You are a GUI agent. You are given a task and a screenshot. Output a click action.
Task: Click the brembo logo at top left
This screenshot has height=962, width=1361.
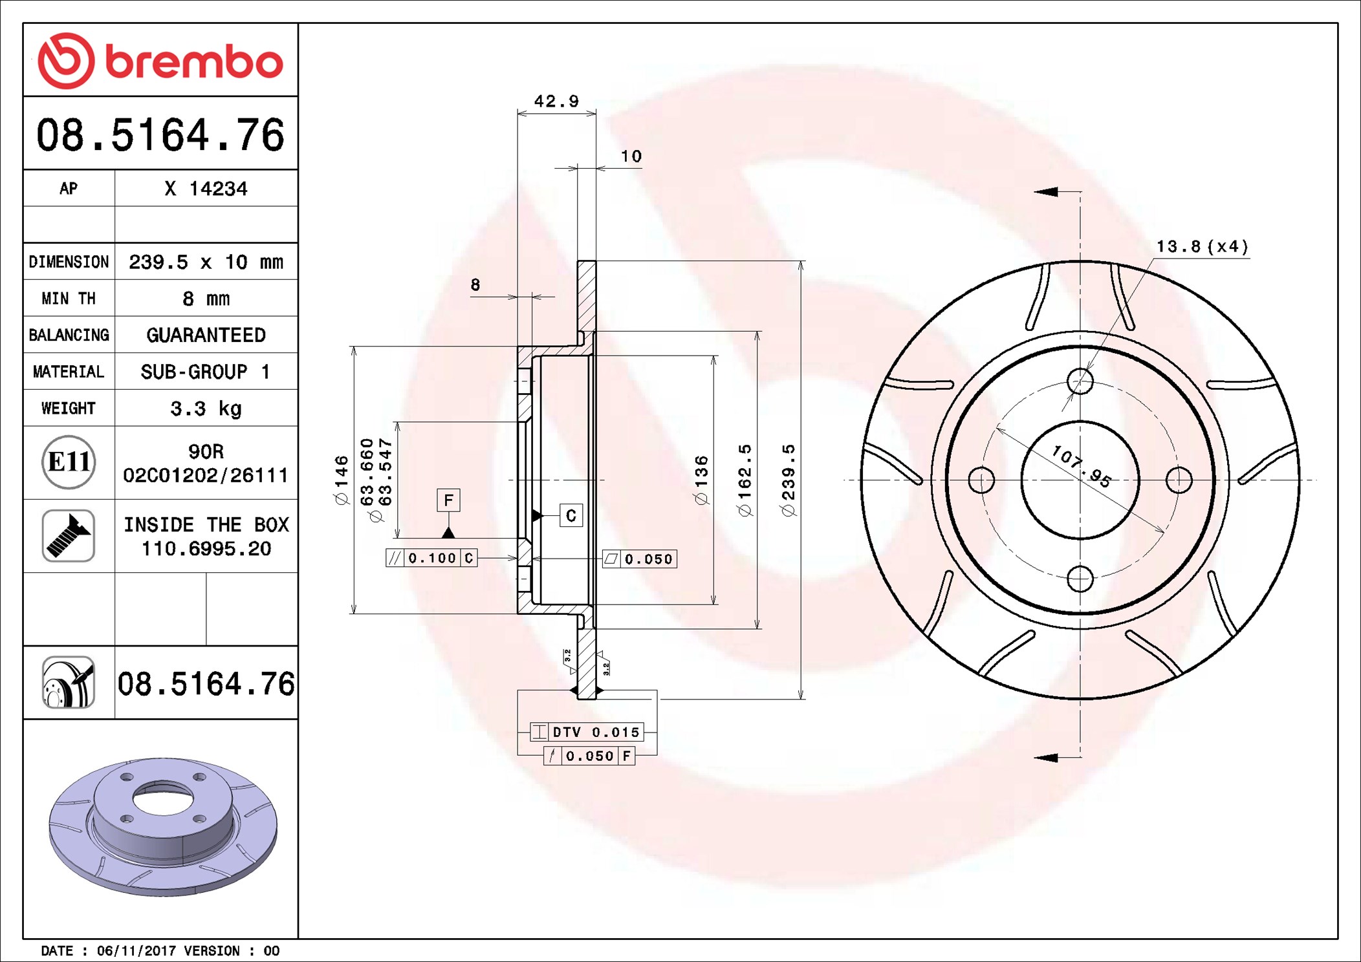(160, 61)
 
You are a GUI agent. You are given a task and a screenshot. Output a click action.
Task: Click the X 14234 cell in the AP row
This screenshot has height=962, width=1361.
(206, 189)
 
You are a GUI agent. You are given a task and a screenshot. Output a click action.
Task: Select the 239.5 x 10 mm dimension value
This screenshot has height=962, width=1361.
(206, 262)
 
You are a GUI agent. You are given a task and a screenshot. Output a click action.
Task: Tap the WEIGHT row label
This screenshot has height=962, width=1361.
(69, 408)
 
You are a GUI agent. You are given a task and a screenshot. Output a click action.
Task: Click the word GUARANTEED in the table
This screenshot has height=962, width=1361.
(206, 335)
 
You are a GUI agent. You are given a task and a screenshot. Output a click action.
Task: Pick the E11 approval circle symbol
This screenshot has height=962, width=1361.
(69, 462)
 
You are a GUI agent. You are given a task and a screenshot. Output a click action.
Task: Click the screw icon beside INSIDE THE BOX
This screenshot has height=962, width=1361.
(69, 535)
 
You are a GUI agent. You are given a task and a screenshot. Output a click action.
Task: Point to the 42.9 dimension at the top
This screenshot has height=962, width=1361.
(556, 102)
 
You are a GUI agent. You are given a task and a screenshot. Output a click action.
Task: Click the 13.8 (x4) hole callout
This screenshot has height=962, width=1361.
(1202, 247)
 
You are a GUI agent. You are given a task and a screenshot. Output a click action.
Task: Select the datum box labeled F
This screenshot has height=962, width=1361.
(448, 500)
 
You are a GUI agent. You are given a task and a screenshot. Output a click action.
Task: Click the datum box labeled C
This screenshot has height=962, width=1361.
(571, 515)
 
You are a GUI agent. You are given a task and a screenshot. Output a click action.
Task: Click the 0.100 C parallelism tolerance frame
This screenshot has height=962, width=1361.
(431, 558)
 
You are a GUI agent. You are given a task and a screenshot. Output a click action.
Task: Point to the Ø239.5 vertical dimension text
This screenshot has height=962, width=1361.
(788, 480)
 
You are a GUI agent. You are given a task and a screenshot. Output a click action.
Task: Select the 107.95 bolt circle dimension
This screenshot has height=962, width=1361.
(1081, 466)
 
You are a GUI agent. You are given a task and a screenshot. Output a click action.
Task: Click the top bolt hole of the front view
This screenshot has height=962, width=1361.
(1080, 381)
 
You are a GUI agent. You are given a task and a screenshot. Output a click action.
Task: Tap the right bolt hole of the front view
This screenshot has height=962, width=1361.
(1179, 480)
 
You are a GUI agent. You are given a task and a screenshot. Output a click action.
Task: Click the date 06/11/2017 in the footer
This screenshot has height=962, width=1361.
(136, 950)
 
